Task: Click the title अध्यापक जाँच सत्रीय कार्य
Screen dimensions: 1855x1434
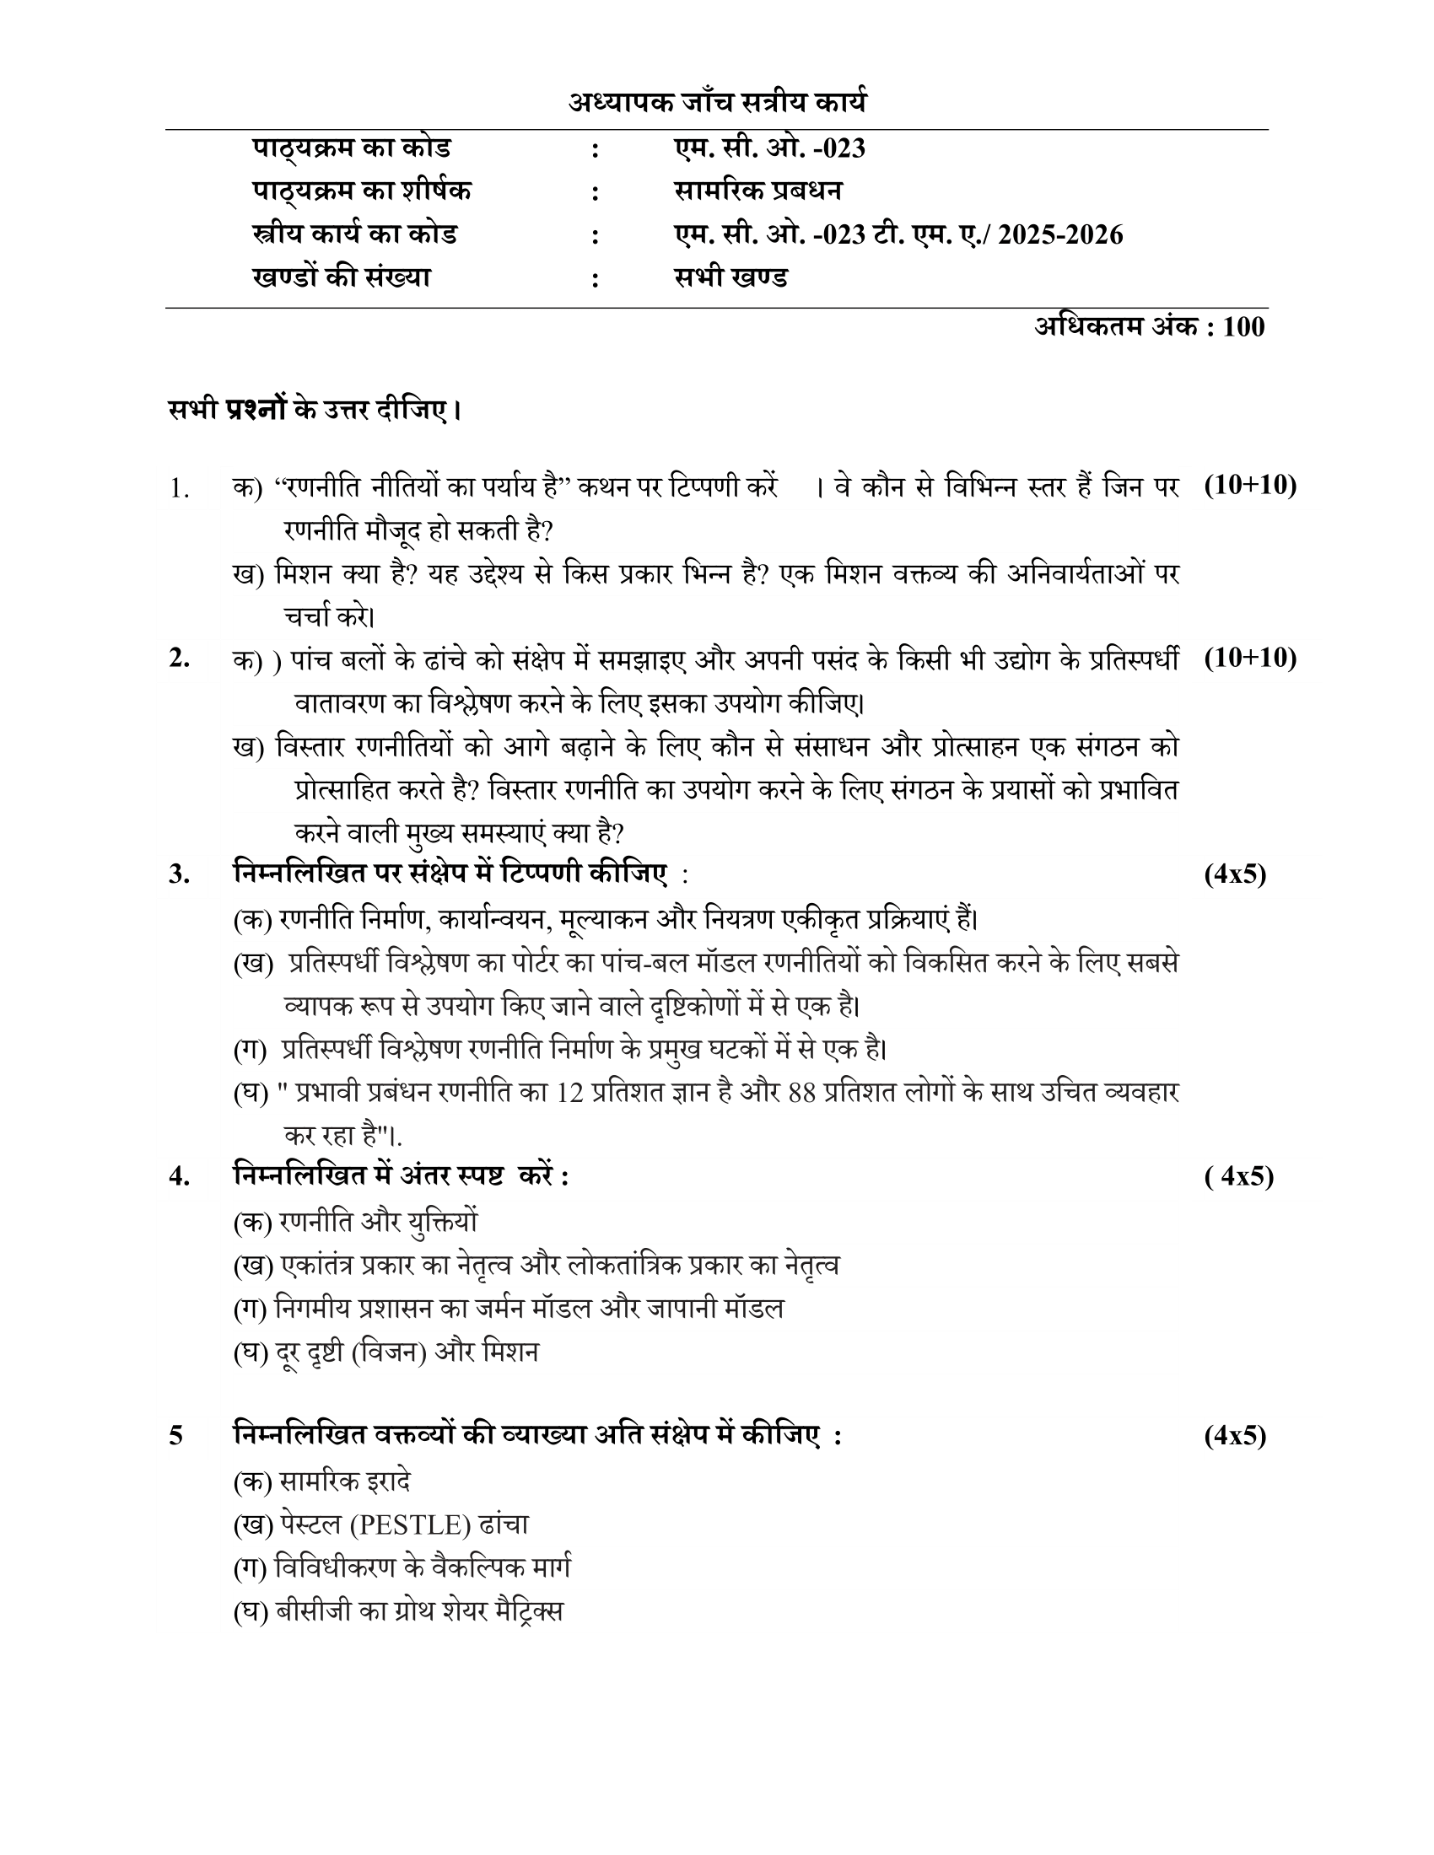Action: coord(718,104)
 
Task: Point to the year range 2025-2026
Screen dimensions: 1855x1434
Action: coord(1060,234)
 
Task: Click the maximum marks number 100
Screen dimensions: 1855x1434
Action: coord(1243,327)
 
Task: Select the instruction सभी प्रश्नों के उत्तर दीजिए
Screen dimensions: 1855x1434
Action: coord(315,411)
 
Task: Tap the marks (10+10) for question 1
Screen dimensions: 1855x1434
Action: coord(1249,485)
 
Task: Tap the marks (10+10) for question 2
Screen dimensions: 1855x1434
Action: coord(1249,658)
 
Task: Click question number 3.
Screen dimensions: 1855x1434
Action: coord(178,874)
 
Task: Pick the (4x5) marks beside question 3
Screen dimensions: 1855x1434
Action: coord(1234,874)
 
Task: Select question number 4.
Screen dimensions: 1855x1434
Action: coord(178,1176)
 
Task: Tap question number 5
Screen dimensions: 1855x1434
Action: coord(175,1436)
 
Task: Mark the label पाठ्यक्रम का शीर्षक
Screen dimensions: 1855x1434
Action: coord(362,191)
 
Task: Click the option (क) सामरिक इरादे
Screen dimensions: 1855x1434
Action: coord(322,1482)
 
